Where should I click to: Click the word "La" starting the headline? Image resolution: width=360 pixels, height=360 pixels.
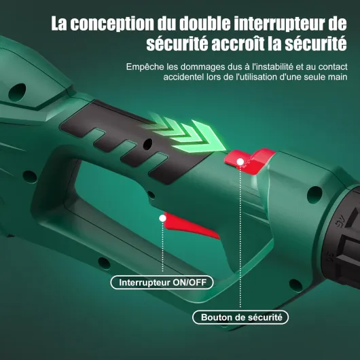click(x=60, y=24)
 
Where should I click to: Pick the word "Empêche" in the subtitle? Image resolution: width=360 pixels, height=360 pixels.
click(x=145, y=67)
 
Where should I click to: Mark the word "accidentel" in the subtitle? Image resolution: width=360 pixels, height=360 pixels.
click(x=185, y=77)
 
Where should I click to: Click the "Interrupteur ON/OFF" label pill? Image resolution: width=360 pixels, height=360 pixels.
click(x=162, y=282)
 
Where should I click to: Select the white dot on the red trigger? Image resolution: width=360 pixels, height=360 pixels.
click(x=162, y=217)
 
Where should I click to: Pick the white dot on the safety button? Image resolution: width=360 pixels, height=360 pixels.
click(x=241, y=160)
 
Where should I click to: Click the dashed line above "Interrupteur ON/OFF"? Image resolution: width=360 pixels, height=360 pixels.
click(x=162, y=248)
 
